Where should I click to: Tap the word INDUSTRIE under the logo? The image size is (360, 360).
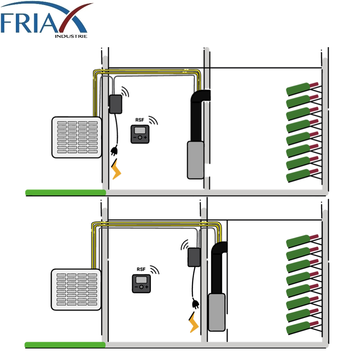(x=71, y=36)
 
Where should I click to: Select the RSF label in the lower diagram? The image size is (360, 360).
(x=141, y=269)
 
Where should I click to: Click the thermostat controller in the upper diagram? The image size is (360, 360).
(x=140, y=135)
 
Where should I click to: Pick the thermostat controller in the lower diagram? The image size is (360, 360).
(x=141, y=283)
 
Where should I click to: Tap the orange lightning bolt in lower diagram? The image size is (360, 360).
(x=194, y=321)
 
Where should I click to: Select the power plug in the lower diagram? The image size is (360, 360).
(x=195, y=304)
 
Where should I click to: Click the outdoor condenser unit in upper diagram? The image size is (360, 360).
(x=77, y=137)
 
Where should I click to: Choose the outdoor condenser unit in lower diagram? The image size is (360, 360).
(x=76, y=289)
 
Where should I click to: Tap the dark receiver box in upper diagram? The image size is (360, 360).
(x=116, y=104)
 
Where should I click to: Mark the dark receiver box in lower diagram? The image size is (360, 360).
(x=194, y=257)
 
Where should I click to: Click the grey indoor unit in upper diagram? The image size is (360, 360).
(x=195, y=160)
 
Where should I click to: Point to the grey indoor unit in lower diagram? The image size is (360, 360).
(x=217, y=312)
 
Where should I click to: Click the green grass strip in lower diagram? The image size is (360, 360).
(x=65, y=345)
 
